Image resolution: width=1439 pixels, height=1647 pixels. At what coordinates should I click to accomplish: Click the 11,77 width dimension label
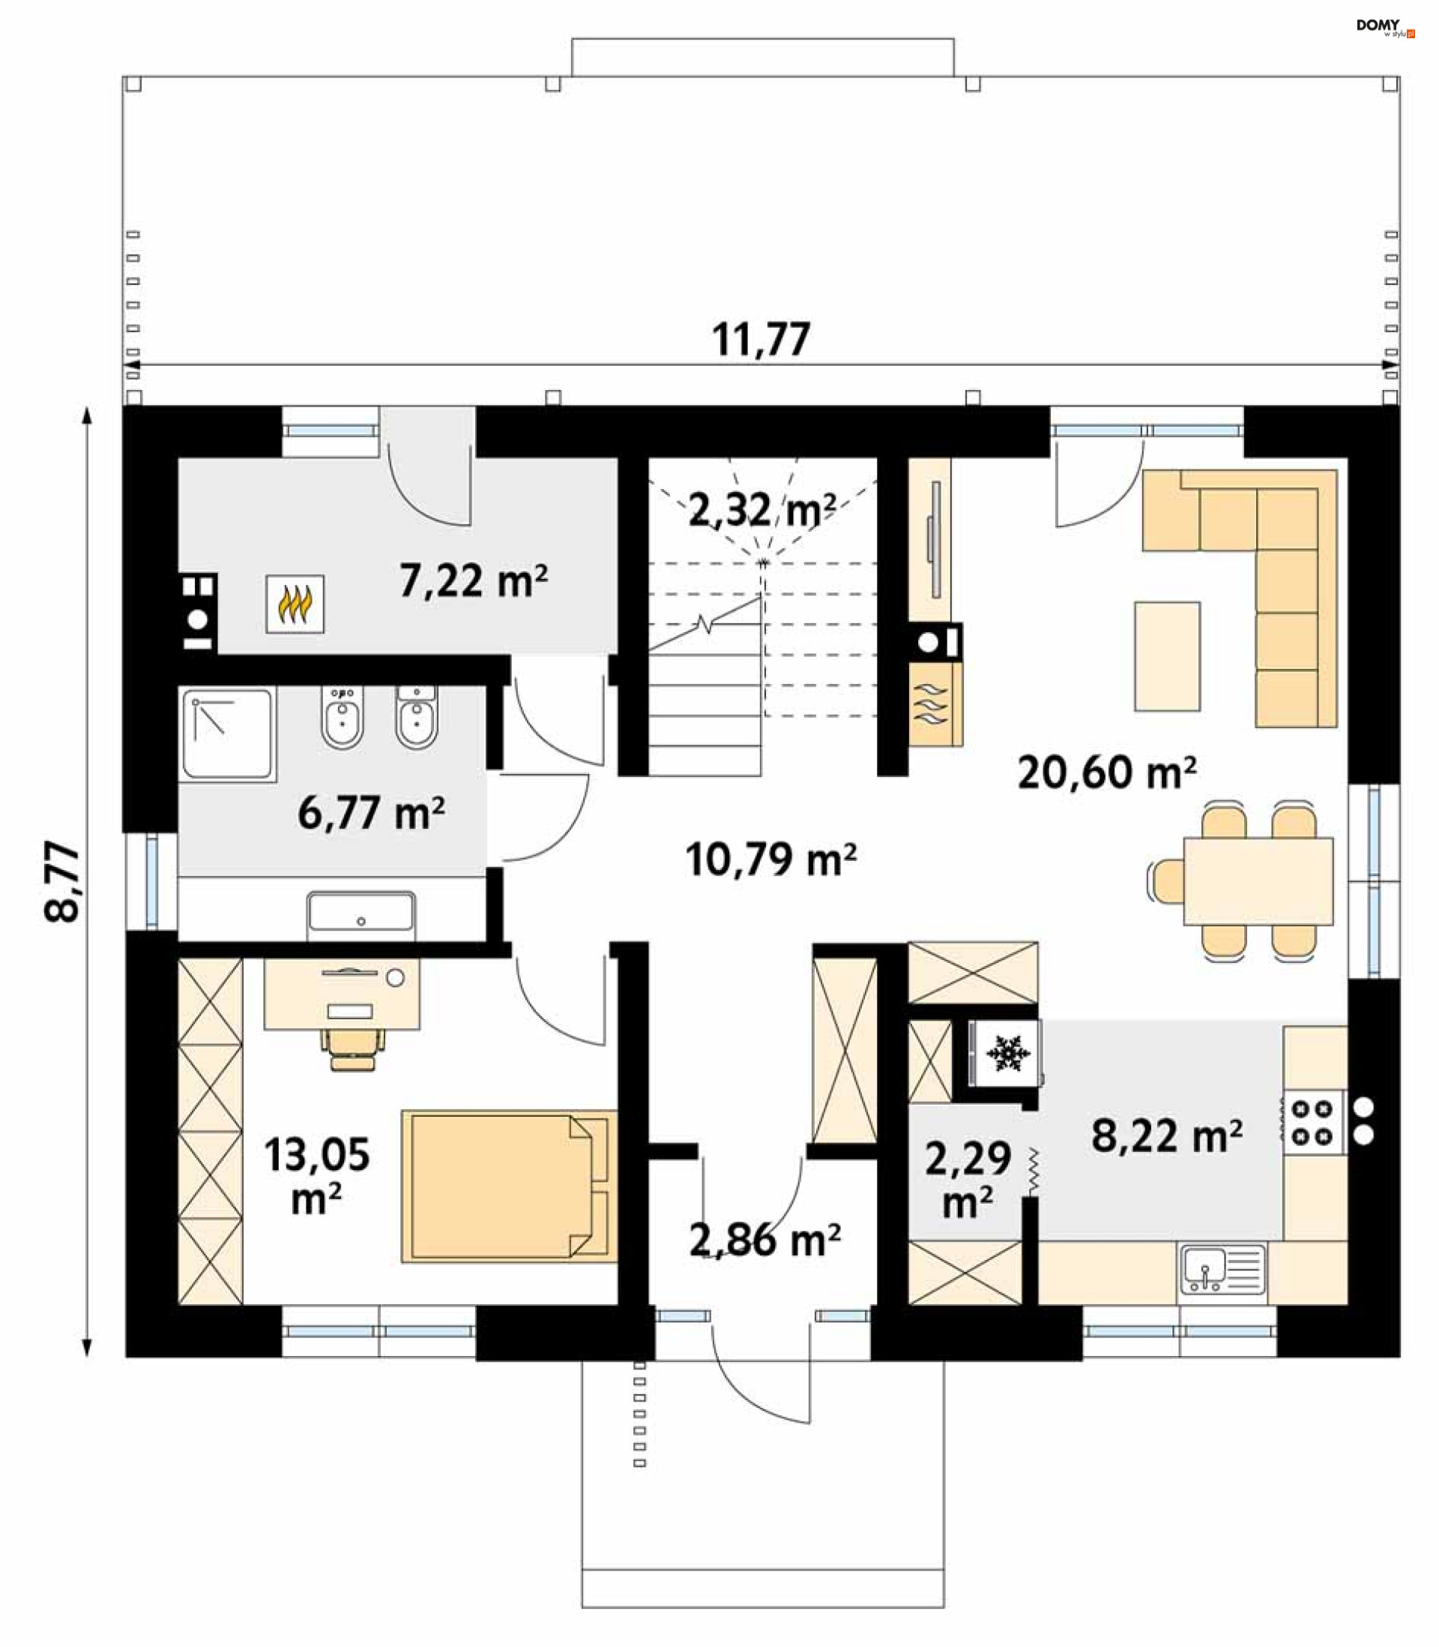click(761, 340)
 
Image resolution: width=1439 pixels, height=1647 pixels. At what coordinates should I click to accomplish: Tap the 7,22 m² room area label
click(474, 580)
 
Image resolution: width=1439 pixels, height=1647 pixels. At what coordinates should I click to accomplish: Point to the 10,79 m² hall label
click(771, 859)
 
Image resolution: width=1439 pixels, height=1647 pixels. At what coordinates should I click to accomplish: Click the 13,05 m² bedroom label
click(317, 1175)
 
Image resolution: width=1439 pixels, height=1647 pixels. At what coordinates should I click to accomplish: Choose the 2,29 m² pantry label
click(968, 1180)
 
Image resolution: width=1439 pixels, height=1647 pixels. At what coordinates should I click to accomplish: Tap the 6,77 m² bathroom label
click(371, 813)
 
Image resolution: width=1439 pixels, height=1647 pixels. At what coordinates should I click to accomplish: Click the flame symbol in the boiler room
click(295, 604)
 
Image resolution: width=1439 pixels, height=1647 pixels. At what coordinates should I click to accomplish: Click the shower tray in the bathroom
click(227, 734)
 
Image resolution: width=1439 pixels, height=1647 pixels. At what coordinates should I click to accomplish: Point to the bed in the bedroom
click(509, 1186)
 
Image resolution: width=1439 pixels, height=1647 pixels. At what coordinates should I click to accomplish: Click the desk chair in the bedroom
click(352, 1048)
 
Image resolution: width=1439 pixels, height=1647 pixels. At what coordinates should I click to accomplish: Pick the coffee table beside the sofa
click(1167, 656)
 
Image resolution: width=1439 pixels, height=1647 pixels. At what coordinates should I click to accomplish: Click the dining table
click(1258, 880)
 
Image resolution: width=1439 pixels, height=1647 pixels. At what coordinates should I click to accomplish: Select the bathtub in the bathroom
click(360, 916)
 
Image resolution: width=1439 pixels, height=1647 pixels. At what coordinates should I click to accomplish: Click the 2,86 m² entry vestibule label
click(764, 1240)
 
